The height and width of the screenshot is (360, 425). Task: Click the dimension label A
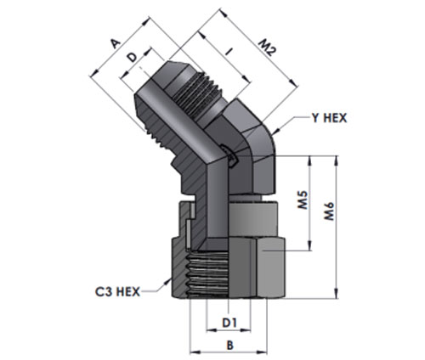pyautogui.click(x=116, y=43)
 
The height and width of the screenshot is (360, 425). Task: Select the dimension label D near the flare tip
pyautogui.click(x=132, y=58)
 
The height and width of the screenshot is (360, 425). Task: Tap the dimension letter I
pyautogui.click(x=229, y=52)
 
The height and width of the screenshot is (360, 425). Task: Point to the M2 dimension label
pyautogui.click(x=266, y=48)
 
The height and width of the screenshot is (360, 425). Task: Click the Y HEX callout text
pyautogui.click(x=329, y=118)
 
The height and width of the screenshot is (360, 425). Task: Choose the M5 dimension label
pyautogui.click(x=303, y=200)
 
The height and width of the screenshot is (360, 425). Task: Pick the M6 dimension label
pyautogui.click(x=330, y=211)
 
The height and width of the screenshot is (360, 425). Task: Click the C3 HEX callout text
pyautogui.click(x=117, y=291)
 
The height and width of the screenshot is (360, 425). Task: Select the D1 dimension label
pyautogui.click(x=229, y=323)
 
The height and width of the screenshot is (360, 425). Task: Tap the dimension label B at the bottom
pyautogui.click(x=229, y=346)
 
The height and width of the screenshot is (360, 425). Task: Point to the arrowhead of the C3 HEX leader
pyautogui.click(x=167, y=281)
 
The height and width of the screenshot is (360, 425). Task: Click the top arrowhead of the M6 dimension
pyautogui.click(x=336, y=160)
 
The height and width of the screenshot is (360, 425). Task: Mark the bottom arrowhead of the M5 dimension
pyautogui.click(x=310, y=245)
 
